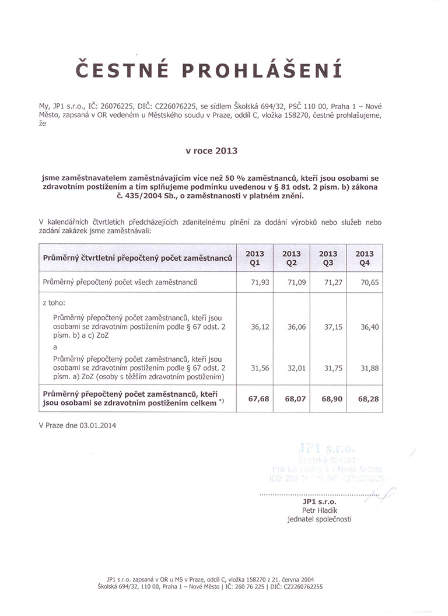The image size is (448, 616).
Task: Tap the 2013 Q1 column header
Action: (255, 258)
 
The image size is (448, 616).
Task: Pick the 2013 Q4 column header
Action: (365, 258)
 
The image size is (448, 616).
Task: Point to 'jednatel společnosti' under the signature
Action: (320, 519)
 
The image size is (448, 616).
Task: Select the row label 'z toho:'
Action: (54, 303)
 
